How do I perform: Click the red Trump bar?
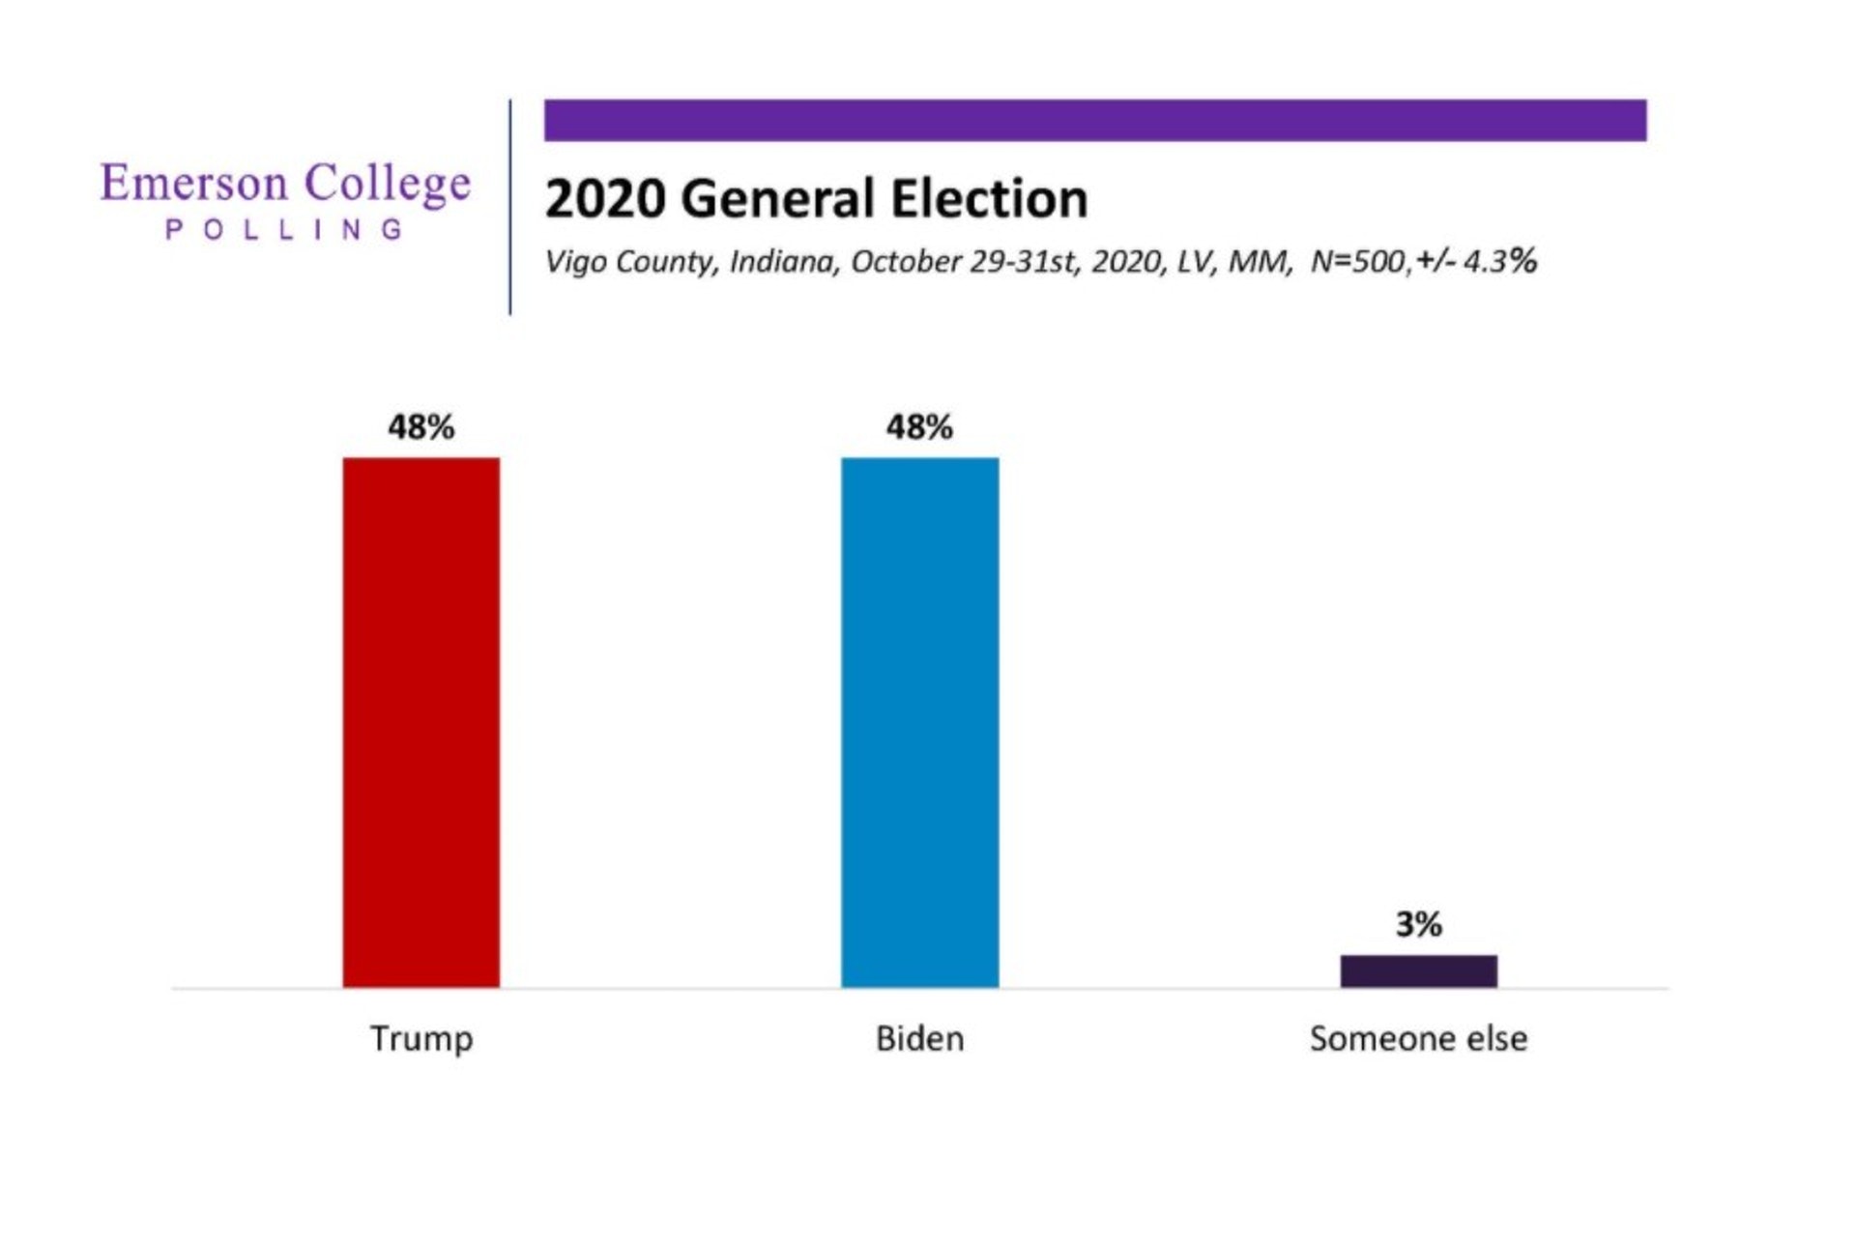[x=420, y=722]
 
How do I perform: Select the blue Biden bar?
[x=919, y=722]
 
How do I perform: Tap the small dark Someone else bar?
[x=1418, y=970]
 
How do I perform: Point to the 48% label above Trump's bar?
[x=420, y=427]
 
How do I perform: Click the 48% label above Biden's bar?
[x=919, y=427]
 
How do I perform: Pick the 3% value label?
[x=1418, y=925]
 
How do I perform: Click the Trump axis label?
[x=421, y=1039]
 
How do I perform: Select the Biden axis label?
[x=919, y=1039]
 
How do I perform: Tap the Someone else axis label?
[x=1418, y=1039]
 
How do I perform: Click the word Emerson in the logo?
[x=193, y=183]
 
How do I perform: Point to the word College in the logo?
[x=388, y=184]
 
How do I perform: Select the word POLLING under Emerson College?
[x=284, y=230]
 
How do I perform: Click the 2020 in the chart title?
[x=605, y=199]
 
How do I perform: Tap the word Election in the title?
[x=989, y=199]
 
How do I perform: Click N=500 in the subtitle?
[x=1358, y=262]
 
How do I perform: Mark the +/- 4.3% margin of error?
[x=1476, y=261]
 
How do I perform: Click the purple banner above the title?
[x=1094, y=120]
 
